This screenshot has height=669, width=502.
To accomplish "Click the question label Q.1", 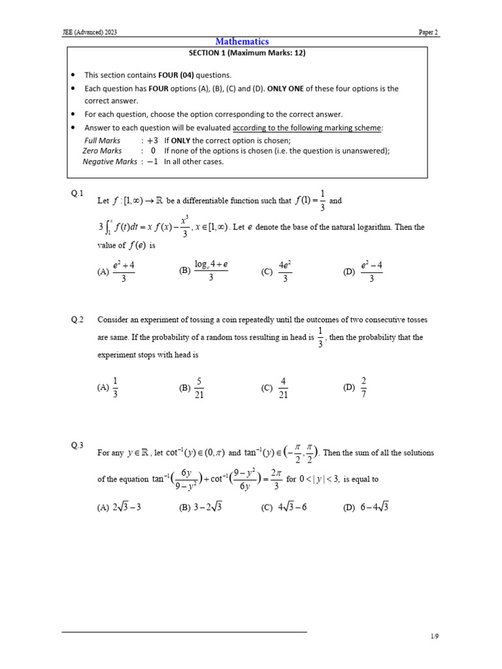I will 77,193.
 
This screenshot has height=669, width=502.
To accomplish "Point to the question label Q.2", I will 77,319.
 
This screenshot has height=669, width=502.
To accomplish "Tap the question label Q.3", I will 77,446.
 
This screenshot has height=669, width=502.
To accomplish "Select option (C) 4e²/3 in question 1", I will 276,272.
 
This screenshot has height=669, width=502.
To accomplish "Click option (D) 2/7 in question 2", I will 356,387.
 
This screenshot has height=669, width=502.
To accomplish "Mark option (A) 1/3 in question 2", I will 109,387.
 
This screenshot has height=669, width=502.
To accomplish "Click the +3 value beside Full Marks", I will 152,140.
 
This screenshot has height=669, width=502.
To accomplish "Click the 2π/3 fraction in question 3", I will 275,479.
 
